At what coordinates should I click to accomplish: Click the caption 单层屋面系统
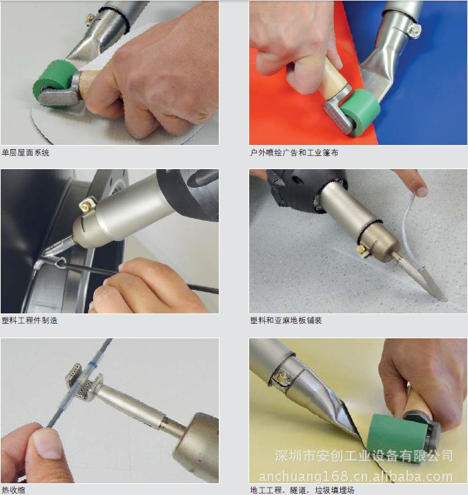(x=26, y=153)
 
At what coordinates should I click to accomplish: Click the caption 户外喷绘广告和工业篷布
(x=294, y=153)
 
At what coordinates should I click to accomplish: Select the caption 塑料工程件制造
(x=30, y=320)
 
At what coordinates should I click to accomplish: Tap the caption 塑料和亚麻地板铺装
(x=286, y=320)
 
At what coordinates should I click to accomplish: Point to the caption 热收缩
(x=13, y=490)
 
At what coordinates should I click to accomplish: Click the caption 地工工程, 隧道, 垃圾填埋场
(x=302, y=490)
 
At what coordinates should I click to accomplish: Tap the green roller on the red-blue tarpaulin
(x=360, y=112)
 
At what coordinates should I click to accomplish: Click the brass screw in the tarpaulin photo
(x=414, y=30)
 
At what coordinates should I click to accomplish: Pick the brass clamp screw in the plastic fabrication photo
(x=87, y=204)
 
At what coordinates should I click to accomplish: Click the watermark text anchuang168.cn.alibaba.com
(x=355, y=476)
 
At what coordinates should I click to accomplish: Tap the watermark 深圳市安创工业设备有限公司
(x=364, y=456)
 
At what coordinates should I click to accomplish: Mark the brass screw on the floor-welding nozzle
(x=362, y=251)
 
